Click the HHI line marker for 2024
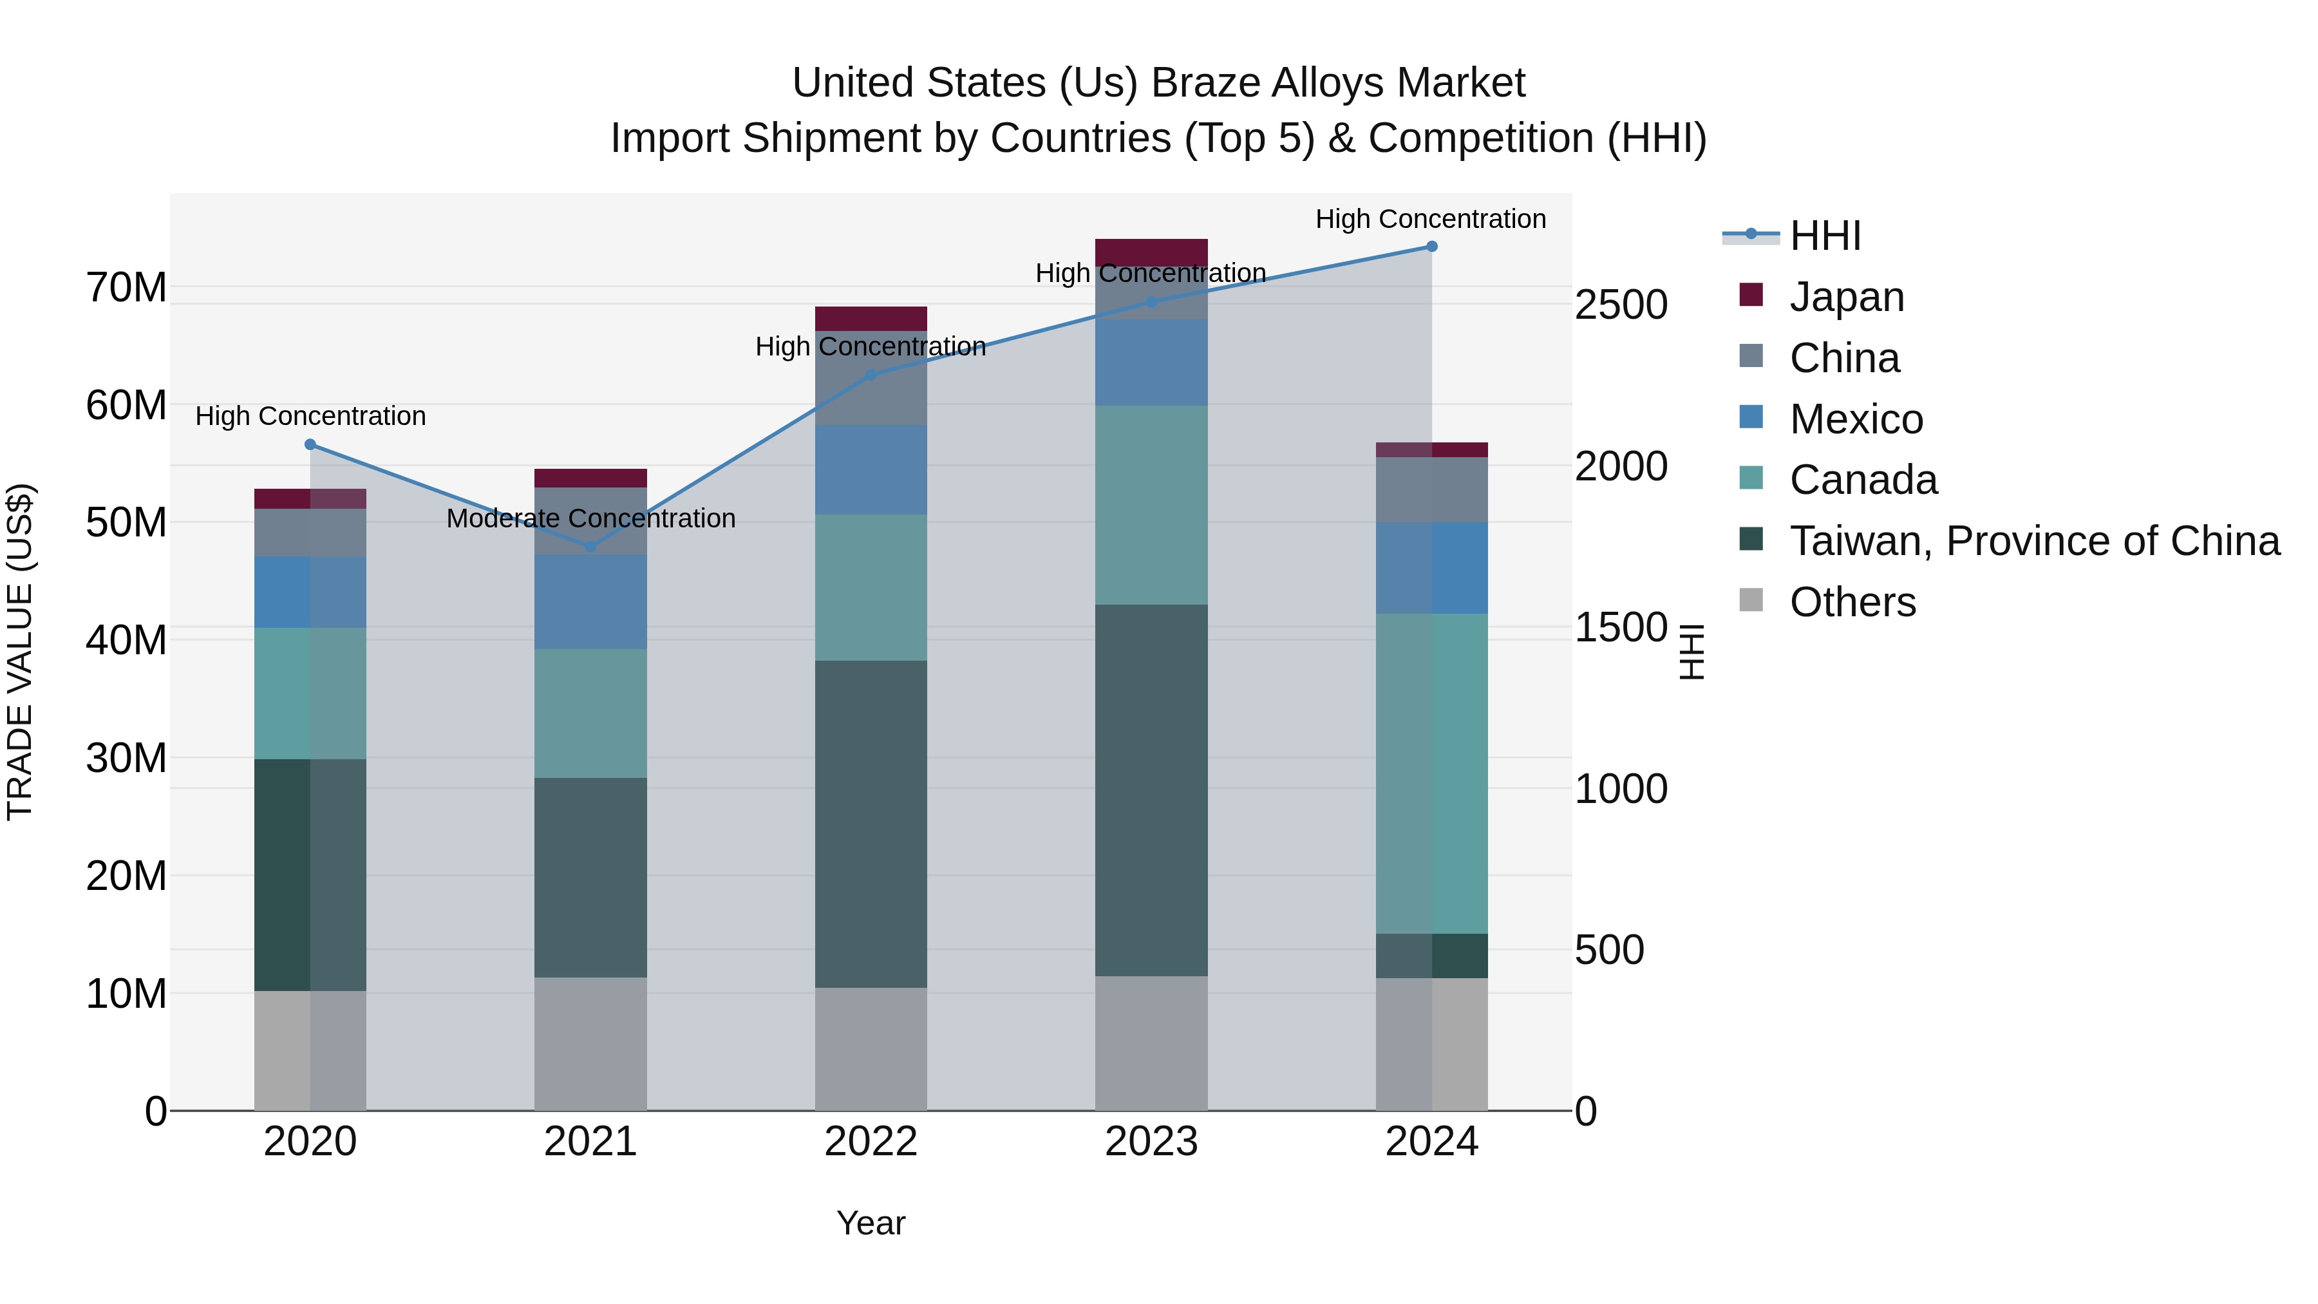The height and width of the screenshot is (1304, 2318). pyautogui.click(x=1431, y=247)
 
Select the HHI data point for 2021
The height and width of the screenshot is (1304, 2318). pyautogui.click(x=590, y=546)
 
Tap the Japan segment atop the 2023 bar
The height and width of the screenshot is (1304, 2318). pyautogui.click(x=1151, y=251)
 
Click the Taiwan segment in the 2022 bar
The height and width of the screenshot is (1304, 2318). pyautogui.click(x=870, y=824)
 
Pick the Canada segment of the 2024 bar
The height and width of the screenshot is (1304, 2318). pyautogui.click(x=1431, y=774)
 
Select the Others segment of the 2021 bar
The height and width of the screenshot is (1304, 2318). pyautogui.click(x=590, y=1044)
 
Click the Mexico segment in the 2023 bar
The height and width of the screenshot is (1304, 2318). pyautogui.click(x=1151, y=362)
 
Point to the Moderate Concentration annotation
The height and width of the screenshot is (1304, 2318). pyautogui.click(x=590, y=518)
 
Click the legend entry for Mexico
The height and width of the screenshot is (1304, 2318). pyautogui.click(x=1856, y=419)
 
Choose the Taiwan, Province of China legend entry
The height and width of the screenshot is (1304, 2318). pyautogui.click(x=2033, y=541)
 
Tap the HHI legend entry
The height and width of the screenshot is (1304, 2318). pyautogui.click(x=1825, y=236)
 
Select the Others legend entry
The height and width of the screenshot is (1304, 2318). pyautogui.click(x=1852, y=602)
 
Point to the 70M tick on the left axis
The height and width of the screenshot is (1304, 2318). pyautogui.click(x=126, y=288)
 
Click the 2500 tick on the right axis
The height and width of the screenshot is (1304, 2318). pyautogui.click(x=1621, y=305)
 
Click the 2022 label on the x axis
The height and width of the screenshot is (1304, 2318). pyautogui.click(x=870, y=1142)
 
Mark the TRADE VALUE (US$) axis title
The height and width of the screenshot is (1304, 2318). pyautogui.click(x=20, y=652)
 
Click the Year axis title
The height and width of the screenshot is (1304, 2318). pyautogui.click(x=870, y=1223)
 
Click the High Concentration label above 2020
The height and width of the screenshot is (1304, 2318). pyautogui.click(x=310, y=416)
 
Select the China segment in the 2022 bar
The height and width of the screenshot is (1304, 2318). pyautogui.click(x=870, y=378)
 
